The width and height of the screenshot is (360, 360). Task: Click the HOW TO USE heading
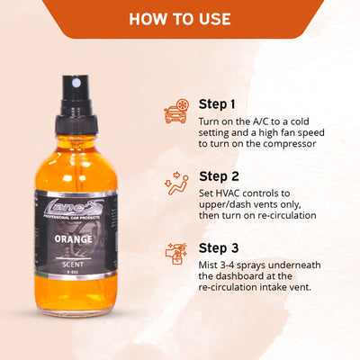pos(180,19)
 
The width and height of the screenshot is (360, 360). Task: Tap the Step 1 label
pos(217,104)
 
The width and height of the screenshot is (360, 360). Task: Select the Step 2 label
pos(219,176)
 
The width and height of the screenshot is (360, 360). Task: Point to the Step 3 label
pos(219,248)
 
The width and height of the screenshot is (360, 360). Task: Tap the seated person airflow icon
pos(176,184)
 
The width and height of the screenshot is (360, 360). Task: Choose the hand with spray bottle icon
pos(176,254)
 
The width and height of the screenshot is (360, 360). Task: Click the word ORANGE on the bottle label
pos(74,239)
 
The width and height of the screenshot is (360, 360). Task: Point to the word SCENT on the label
pos(73,265)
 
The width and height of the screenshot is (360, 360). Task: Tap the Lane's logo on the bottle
pos(74,208)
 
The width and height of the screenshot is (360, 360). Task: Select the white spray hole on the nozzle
pos(76,82)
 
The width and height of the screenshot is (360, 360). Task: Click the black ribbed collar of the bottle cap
pos(76,125)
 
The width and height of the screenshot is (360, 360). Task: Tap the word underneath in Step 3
pos(295,265)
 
